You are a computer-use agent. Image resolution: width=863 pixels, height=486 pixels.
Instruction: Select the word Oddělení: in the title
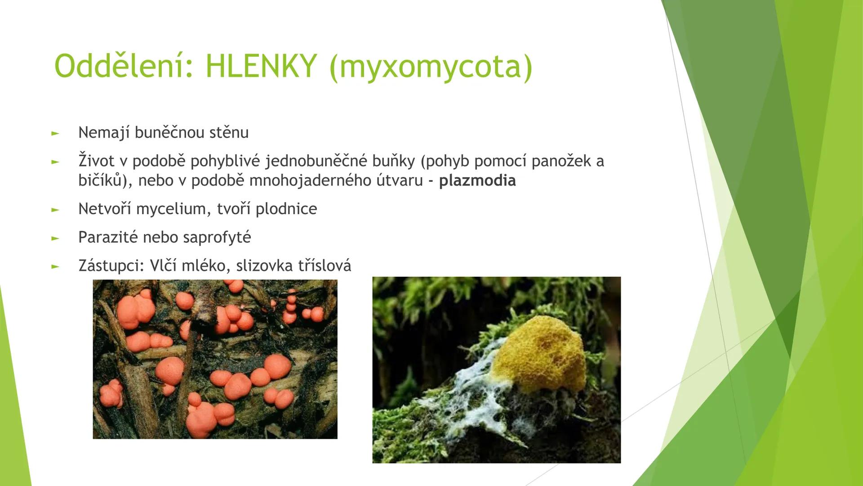124,67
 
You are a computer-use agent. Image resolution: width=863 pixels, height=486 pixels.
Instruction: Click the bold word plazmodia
477,181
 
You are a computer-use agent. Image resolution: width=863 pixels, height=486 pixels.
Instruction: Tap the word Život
97,161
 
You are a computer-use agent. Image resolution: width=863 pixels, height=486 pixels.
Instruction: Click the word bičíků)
105,181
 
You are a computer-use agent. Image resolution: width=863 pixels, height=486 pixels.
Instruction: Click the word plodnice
286,209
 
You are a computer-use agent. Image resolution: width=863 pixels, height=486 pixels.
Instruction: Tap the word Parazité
108,238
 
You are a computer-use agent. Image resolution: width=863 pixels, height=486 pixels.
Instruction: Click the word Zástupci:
111,266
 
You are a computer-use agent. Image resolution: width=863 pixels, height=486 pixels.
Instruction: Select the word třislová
325,266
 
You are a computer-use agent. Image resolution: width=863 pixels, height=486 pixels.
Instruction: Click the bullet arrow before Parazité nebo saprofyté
55,238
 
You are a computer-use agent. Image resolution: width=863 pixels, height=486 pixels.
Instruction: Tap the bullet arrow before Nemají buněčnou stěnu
55,133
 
